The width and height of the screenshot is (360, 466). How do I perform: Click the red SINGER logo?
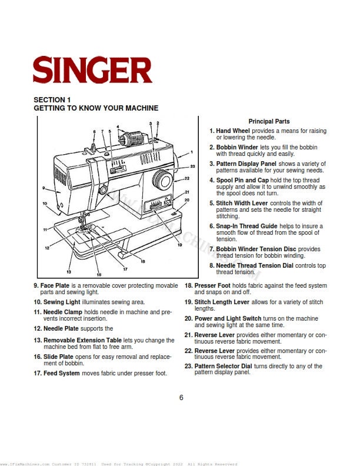[92, 70]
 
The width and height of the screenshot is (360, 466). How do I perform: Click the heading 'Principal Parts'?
[269, 121]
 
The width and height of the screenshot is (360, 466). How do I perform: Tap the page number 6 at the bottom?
[181, 397]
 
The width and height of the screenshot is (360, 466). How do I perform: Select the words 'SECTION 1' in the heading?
[52, 100]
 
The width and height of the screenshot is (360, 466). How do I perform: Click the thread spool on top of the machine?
[131, 139]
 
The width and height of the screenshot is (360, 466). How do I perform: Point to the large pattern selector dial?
[161, 179]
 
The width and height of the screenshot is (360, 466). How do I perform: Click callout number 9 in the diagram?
[44, 188]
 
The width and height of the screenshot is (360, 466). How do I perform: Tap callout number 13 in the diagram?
[69, 272]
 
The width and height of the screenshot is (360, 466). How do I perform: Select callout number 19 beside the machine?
[179, 244]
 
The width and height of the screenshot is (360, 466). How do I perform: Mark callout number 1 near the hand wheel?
[192, 152]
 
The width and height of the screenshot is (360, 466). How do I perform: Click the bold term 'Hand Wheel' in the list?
[233, 131]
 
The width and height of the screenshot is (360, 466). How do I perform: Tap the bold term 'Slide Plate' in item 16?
[57, 357]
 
